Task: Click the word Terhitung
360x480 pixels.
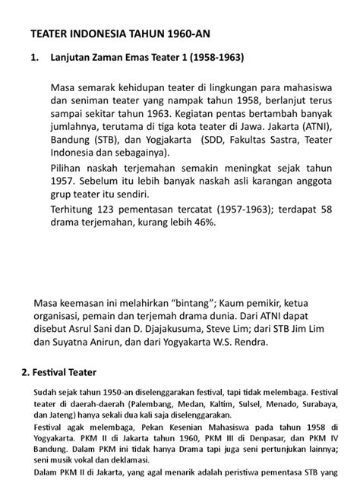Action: (x=77, y=208)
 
